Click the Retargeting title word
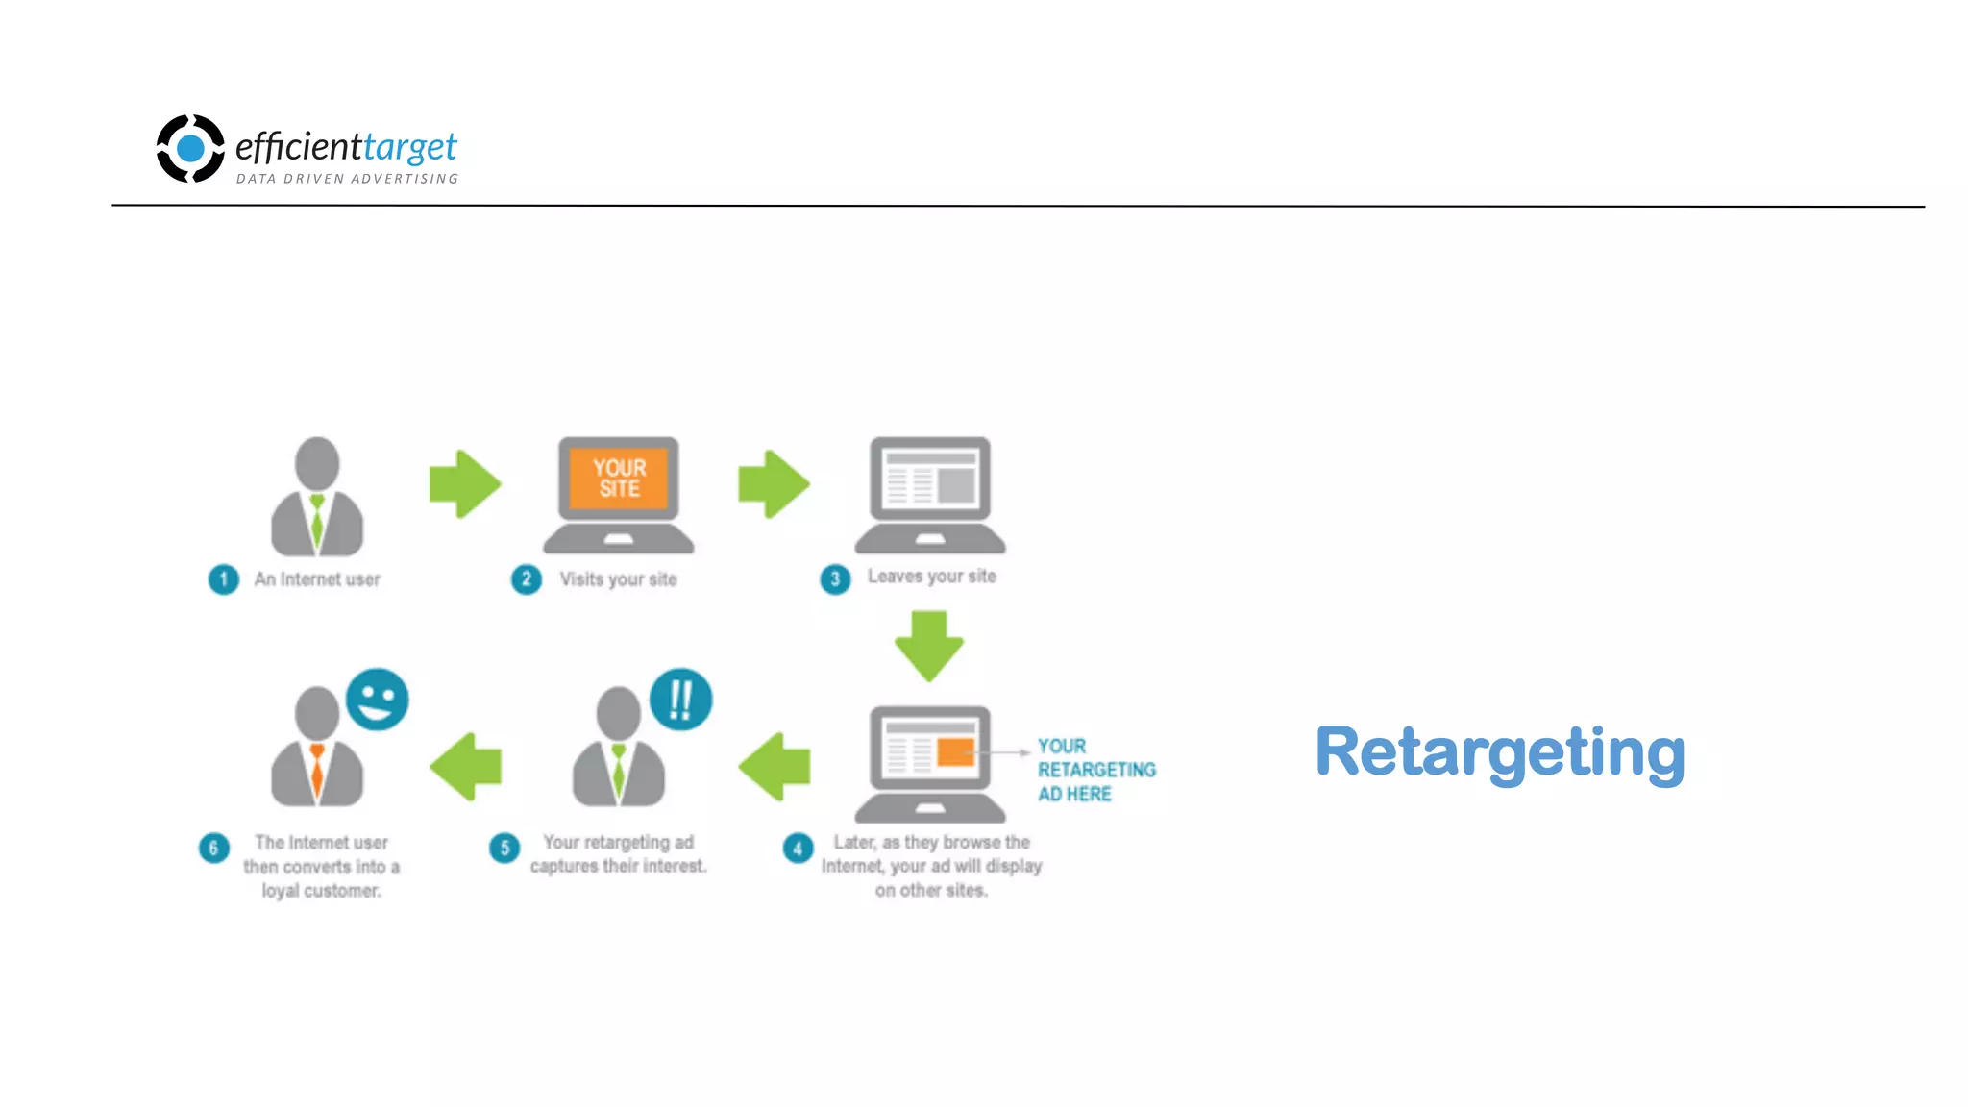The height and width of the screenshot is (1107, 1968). point(1499,753)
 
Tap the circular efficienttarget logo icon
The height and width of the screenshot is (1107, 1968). point(190,148)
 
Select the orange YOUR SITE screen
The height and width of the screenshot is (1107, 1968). point(619,478)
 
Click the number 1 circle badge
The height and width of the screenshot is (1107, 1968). point(224,579)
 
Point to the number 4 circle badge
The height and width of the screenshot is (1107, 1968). point(798,849)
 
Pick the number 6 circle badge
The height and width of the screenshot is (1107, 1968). point(213,849)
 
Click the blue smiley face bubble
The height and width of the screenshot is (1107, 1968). point(377,700)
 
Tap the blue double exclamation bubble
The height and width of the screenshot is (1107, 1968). point(680,700)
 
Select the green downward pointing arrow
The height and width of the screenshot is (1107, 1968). point(929,647)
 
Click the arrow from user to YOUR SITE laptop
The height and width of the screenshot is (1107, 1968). point(465,484)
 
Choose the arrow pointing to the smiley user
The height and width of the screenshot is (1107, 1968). point(466,766)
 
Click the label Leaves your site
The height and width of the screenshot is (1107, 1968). point(931,577)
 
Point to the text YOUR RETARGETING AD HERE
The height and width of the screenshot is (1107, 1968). point(1095,770)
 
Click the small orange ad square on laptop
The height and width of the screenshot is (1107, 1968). point(955,751)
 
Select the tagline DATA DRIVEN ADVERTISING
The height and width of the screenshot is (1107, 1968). point(347,179)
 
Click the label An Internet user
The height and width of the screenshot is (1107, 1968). point(317,579)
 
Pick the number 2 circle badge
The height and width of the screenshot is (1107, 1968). point(526,579)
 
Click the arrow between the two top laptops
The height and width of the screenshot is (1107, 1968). point(774,484)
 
